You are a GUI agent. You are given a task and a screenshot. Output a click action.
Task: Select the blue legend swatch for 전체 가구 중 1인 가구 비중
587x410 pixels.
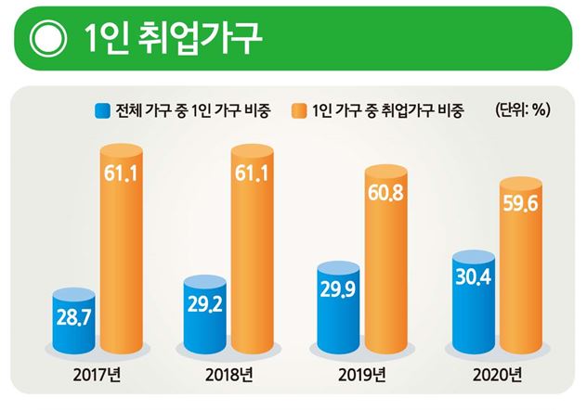tap(101, 112)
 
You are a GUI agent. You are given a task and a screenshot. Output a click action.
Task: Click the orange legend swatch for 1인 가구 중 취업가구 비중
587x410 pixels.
tap(300, 112)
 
